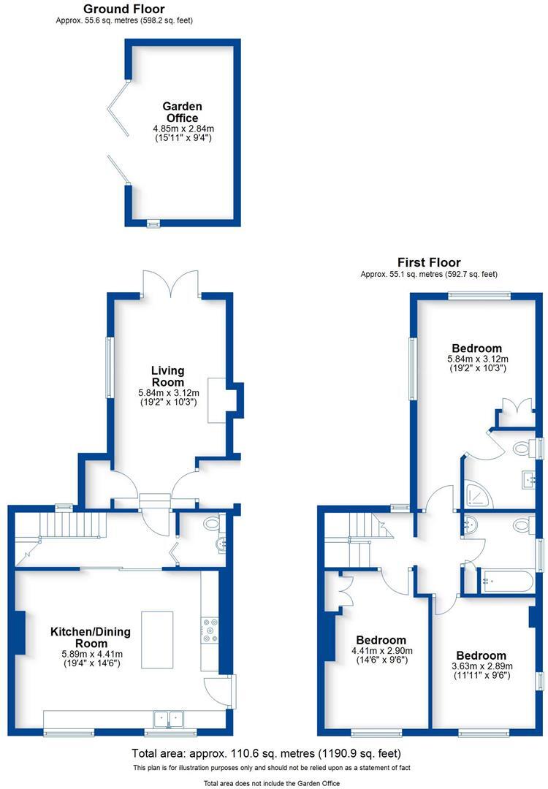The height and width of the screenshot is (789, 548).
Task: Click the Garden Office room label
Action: tap(182, 113)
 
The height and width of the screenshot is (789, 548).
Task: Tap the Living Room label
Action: tap(167, 376)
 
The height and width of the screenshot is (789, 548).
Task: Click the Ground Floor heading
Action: tap(123, 9)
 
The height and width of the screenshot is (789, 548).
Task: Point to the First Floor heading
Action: tap(429, 262)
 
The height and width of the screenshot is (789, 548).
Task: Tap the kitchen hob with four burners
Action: tap(210, 630)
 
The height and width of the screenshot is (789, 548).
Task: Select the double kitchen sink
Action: tap(169, 718)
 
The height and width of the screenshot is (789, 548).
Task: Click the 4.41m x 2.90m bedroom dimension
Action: tap(380, 651)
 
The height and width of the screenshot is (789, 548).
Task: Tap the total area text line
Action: tap(266, 753)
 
